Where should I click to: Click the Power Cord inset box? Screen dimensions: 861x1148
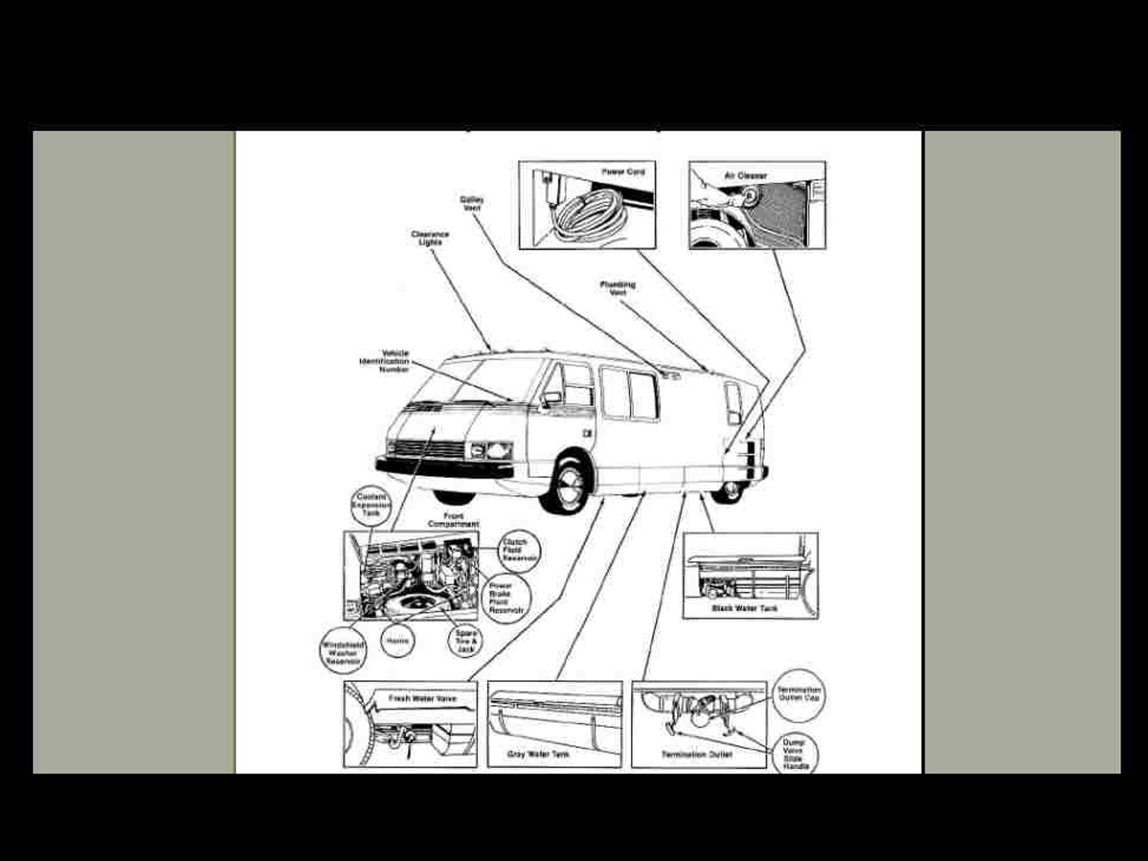[x=587, y=205]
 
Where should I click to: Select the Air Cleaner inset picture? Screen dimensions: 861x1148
[x=757, y=205]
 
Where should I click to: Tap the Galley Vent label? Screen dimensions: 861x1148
[x=472, y=203]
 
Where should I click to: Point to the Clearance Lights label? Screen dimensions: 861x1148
[x=430, y=238]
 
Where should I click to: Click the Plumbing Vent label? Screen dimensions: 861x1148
[x=617, y=288]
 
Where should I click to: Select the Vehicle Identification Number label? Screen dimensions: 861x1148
[x=385, y=361]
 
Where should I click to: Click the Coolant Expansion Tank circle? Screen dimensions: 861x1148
[x=372, y=505]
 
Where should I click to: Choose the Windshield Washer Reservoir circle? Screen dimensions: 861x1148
[x=343, y=651]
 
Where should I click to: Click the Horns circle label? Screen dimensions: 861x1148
[x=398, y=641]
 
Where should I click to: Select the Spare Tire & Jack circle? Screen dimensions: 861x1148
[x=466, y=641]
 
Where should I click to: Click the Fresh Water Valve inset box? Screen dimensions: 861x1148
[x=410, y=724]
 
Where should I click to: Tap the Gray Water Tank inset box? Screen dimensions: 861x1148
[x=554, y=724]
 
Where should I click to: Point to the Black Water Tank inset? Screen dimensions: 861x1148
[x=750, y=575]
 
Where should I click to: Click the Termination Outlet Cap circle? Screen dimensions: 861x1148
[x=799, y=694]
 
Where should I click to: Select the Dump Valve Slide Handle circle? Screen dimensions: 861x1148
[x=794, y=753]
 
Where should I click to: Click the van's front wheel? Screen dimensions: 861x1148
[x=570, y=482]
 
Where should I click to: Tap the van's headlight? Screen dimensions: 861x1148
[x=498, y=451]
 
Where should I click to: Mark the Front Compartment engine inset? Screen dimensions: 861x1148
[x=411, y=575]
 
